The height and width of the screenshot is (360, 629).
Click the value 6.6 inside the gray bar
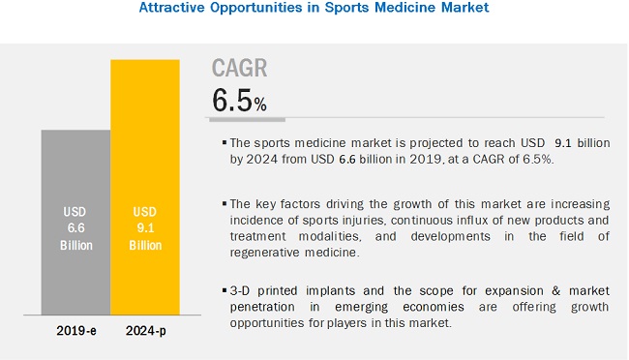coord(74,227)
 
